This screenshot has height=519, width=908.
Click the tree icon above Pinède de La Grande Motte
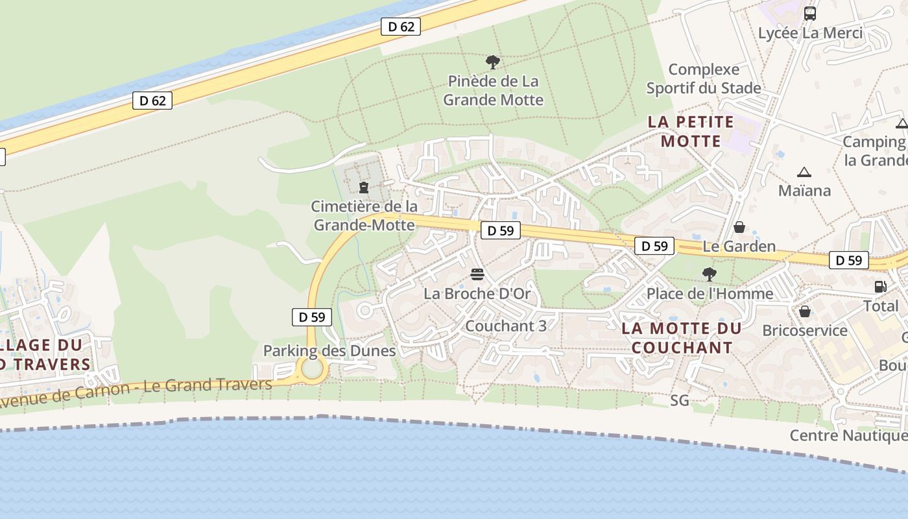pyautogui.click(x=493, y=62)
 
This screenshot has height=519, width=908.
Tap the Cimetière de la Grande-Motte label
pyautogui.click(x=364, y=215)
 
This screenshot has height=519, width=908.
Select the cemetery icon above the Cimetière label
pyautogui.click(x=364, y=187)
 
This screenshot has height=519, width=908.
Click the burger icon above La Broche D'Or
pyautogui.click(x=477, y=274)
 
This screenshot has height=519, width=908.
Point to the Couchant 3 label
pyautogui.click(x=506, y=326)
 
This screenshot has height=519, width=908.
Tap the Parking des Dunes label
pyautogui.click(x=329, y=351)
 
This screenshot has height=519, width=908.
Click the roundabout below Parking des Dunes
pyautogui.click(x=313, y=369)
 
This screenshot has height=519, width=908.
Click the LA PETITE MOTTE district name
pyautogui.click(x=691, y=131)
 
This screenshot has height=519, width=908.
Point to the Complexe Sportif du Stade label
pyautogui.click(x=704, y=78)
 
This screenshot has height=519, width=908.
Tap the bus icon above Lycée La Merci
pyautogui.click(x=810, y=13)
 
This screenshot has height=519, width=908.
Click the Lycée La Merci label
pyautogui.click(x=810, y=33)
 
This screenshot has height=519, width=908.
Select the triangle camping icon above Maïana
pyautogui.click(x=804, y=172)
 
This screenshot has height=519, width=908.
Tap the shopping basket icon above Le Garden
pyautogui.click(x=739, y=227)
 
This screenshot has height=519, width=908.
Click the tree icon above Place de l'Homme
pyautogui.click(x=710, y=274)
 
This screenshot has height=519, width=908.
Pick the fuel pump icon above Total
pyautogui.click(x=880, y=286)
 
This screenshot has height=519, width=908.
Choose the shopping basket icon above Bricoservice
pyautogui.click(x=805, y=311)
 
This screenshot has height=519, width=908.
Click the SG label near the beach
pyautogui.click(x=680, y=401)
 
